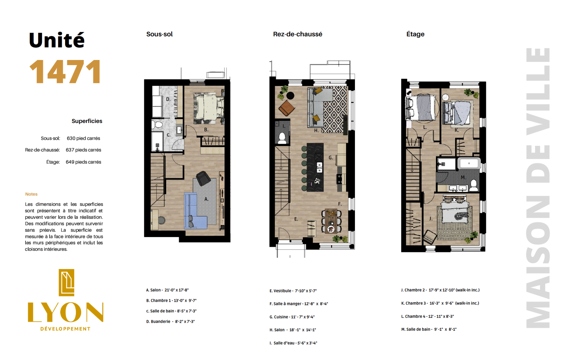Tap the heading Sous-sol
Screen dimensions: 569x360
point(159,34)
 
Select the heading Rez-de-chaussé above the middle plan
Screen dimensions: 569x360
point(297,34)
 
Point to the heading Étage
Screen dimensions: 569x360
point(415,34)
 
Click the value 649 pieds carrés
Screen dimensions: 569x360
point(83,162)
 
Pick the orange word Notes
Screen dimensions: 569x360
point(31,194)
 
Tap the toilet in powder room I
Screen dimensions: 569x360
point(282,138)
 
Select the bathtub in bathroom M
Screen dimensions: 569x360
point(469,163)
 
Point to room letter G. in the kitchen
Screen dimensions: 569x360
point(331,157)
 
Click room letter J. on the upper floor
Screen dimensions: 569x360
point(431,219)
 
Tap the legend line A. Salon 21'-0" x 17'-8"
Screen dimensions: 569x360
point(167,290)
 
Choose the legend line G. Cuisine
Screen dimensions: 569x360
point(292,317)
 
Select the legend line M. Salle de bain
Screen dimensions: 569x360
point(429,329)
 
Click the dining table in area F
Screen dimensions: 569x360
point(331,221)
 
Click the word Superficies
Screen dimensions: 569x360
point(87,121)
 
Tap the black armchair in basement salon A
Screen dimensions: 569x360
point(203,178)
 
